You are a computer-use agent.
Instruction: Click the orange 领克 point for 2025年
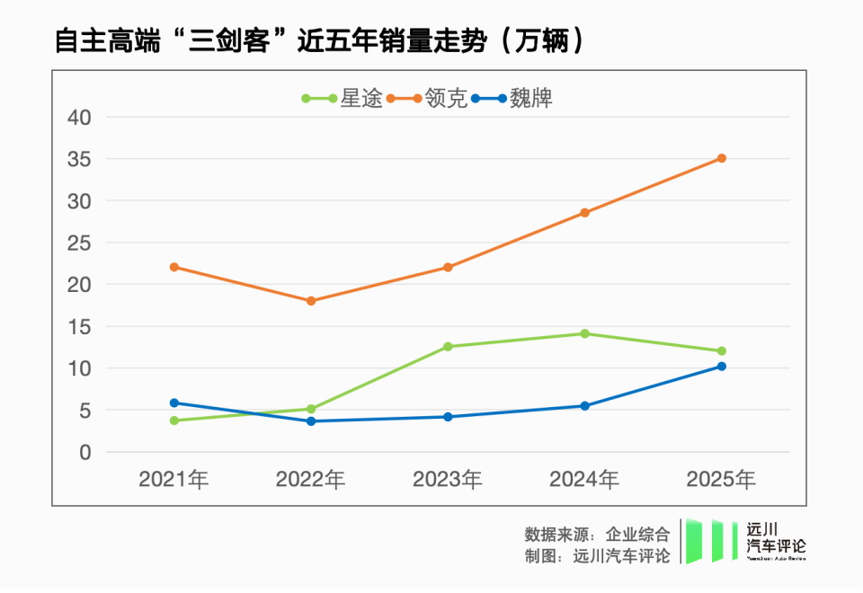point(721,158)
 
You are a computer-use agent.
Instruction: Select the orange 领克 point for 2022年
point(311,301)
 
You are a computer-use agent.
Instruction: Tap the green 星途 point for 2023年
point(448,347)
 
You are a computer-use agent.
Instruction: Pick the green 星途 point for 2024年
point(584,333)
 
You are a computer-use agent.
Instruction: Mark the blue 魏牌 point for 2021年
point(173,403)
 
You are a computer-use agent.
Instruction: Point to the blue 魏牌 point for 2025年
point(721,367)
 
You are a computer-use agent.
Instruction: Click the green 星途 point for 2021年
point(173,420)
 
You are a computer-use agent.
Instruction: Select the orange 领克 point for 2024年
point(584,213)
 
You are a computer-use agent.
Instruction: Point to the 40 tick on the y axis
point(80,117)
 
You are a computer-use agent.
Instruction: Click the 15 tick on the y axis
point(80,327)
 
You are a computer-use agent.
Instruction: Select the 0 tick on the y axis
point(85,453)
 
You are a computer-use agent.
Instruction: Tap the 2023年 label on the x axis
point(448,480)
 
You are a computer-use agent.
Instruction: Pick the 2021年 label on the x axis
point(173,480)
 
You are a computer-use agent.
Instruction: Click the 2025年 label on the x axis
point(721,480)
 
